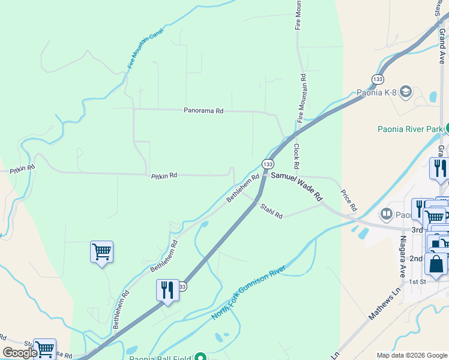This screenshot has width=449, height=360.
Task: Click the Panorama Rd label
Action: [x=203, y=111]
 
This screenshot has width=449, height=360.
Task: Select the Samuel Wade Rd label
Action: [x=297, y=186]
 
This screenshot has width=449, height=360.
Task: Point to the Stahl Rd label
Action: [x=271, y=211]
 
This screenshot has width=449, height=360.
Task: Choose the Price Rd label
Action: [x=349, y=200]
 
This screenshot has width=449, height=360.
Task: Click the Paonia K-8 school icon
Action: [x=406, y=91]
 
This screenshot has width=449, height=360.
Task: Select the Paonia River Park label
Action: [x=411, y=128]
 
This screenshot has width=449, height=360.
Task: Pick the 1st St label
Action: [x=417, y=281]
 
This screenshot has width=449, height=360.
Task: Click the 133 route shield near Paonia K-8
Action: [x=378, y=79]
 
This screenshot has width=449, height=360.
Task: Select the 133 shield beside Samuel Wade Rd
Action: [x=268, y=164]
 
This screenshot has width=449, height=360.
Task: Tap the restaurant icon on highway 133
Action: [x=167, y=290]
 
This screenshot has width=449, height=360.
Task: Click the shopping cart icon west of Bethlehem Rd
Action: [x=101, y=251]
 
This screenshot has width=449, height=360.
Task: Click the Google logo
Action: [x=20, y=353]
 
